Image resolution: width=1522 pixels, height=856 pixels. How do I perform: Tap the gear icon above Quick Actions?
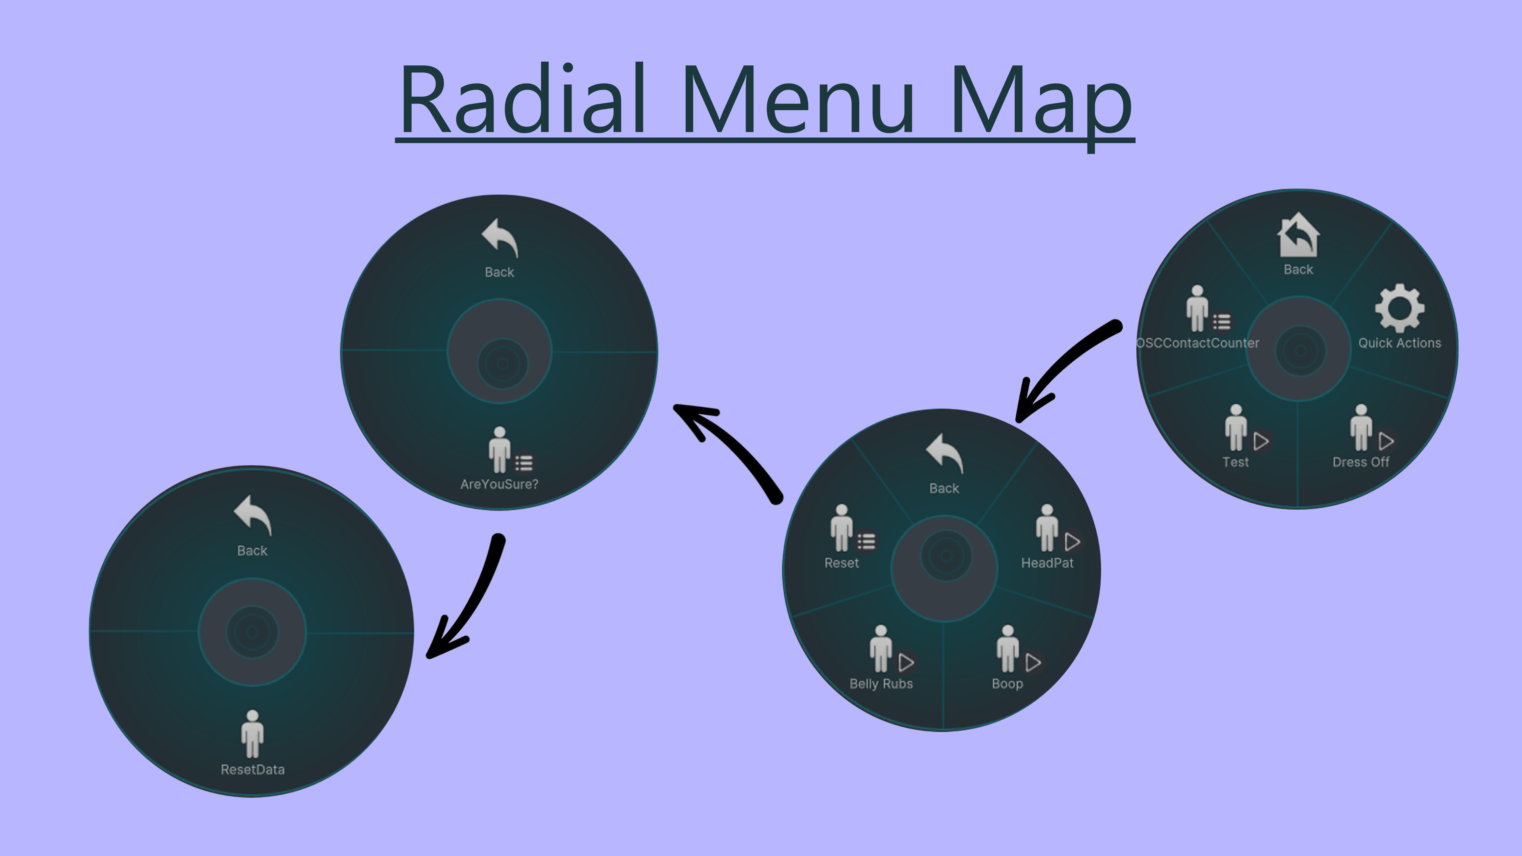[1399, 308]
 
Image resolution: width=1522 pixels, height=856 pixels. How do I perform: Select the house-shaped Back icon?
[1298, 235]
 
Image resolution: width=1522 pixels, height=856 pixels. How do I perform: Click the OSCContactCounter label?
[1198, 343]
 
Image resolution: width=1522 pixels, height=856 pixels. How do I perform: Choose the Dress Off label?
[1361, 462]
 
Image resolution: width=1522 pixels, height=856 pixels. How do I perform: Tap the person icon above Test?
[1235, 428]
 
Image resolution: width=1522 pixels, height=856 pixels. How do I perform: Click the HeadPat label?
[1047, 563]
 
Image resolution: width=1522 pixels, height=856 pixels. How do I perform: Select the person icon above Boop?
[1008, 649]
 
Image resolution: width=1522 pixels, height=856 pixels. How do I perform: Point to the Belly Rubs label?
[881, 684]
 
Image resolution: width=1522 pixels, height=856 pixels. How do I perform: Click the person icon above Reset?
[841, 527]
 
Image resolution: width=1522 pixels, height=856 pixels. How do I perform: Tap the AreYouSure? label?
[499, 484]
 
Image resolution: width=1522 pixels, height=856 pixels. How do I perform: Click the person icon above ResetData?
[252, 734]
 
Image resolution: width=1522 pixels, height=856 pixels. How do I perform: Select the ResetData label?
[252, 770]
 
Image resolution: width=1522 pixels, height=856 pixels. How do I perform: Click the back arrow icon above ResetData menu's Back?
[252, 514]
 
